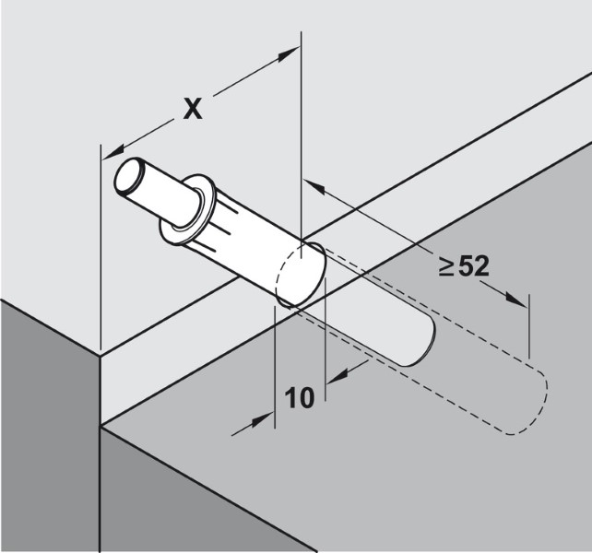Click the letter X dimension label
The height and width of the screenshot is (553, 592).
192,109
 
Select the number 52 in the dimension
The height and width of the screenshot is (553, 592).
472,268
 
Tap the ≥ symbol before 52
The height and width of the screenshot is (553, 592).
446,268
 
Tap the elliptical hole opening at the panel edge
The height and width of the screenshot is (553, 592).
299,275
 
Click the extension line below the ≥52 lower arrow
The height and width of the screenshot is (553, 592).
529,332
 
